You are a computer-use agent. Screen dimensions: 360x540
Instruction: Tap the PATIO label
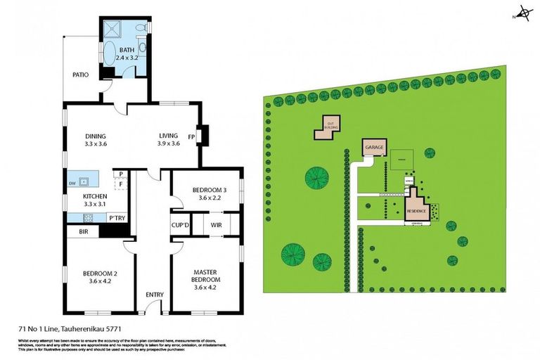pyautogui.click(x=81, y=74)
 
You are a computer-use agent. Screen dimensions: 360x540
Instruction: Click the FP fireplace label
pyautogui.click(x=191, y=137)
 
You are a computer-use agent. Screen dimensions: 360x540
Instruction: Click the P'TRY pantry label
pyautogui.click(x=117, y=218)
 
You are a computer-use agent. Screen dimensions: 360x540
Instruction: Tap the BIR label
pyautogui.click(x=83, y=231)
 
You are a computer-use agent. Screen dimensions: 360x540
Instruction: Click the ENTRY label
pyautogui.click(x=154, y=295)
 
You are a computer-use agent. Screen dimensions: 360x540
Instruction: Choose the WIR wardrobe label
pyautogui.click(x=216, y=225)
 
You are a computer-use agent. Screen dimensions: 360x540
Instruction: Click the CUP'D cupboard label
pyautogui.click(x=181, y=225)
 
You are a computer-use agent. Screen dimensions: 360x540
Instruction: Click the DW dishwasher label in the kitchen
pyautogui.click(x=72, y=184)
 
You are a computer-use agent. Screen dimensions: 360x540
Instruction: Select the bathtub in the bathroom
pyautogui.click(x=112, y=53)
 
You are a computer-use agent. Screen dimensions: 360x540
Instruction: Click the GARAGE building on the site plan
pyautogui.click(x=373, y=148)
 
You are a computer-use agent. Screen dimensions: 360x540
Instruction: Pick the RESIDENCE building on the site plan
pyautogui.click(x=416, y=210)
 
